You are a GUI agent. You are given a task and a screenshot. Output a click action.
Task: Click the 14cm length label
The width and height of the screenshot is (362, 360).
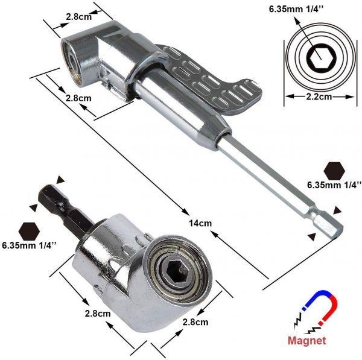200,223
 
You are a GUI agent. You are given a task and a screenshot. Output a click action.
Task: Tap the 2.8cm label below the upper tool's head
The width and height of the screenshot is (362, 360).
78,98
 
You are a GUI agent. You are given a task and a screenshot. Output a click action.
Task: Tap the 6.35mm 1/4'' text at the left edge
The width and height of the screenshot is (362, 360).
29,245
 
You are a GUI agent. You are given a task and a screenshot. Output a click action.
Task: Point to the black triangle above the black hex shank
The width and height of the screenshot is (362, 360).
60,181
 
